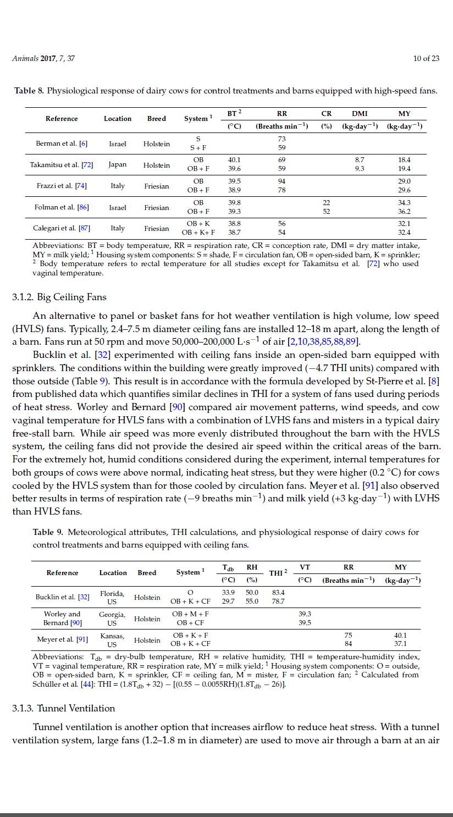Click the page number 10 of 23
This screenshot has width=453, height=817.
426,59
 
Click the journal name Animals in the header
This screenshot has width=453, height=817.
25,59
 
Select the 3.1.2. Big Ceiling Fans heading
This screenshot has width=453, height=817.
59,297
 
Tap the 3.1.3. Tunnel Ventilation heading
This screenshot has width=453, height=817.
64,708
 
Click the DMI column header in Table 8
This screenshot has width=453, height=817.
360,114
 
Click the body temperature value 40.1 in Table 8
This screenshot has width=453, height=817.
234,160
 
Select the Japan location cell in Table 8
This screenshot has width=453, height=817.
117,164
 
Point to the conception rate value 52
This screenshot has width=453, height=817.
327,211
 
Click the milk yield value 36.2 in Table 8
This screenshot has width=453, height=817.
404,211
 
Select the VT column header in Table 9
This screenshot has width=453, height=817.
305,567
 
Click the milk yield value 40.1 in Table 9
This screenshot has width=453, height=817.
400,635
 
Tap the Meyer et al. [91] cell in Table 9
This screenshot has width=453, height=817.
62,639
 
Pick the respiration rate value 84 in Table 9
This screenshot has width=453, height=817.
348,643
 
